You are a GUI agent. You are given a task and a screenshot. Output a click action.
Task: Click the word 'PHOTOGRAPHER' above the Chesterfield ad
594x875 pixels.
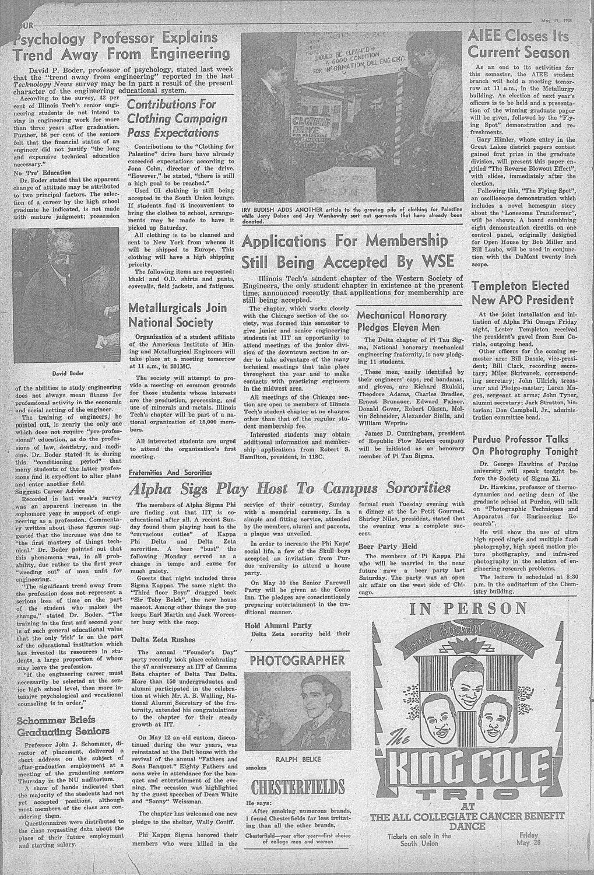297,660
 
